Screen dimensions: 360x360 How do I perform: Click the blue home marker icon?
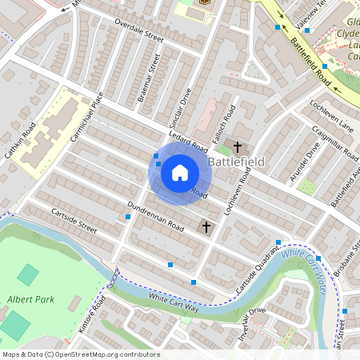pos(179,171)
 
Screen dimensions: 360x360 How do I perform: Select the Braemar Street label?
pos(150,78)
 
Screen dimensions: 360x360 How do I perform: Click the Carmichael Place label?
pos(89,117)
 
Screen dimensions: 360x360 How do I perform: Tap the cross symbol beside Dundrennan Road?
pos(206,227)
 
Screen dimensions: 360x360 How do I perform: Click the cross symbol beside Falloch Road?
pos(238,146)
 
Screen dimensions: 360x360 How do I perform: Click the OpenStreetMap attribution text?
pos(80,354)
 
